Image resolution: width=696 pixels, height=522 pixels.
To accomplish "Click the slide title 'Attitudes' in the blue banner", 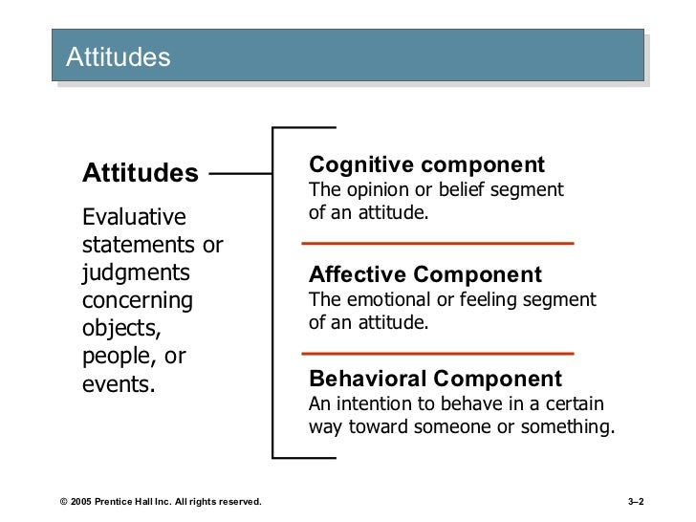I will pos(118,57).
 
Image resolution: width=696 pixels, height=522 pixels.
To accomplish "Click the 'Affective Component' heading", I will pos(424,275).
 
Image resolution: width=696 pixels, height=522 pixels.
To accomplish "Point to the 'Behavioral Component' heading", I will pos(436,378).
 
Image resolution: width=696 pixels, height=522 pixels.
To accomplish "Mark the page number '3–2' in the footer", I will pos(633,501).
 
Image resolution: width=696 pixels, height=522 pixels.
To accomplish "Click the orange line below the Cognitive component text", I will pos(442,245).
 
